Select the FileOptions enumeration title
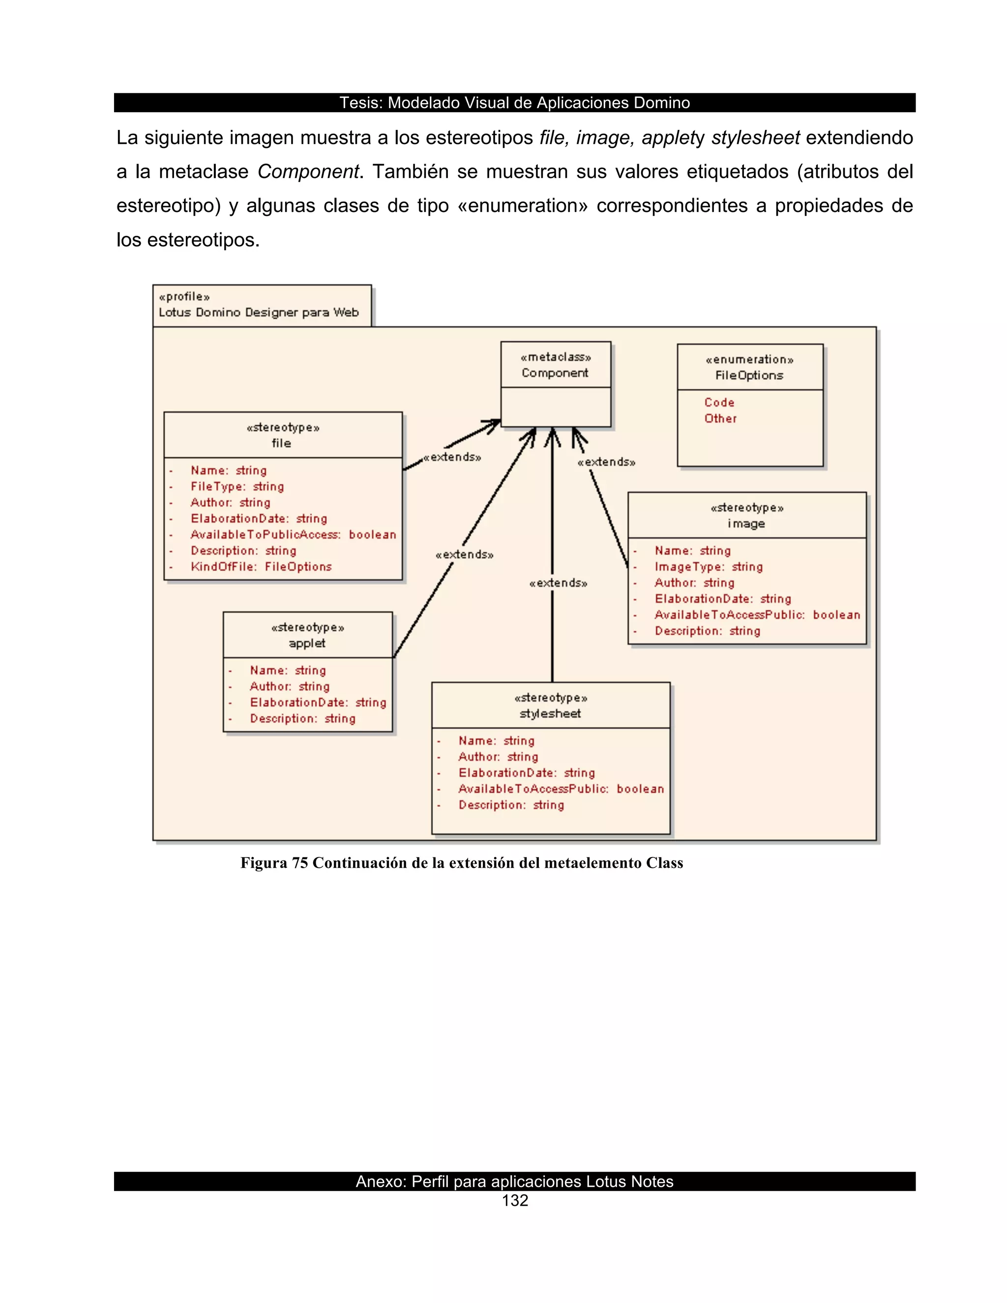749,376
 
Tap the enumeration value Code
719,403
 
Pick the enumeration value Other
720,419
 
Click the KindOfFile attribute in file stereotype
261,567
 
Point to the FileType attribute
237,487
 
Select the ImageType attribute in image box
708,567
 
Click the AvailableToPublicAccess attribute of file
293,534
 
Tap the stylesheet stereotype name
550,714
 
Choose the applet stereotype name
307,644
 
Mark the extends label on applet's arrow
465,555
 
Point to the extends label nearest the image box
606,462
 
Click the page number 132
515,1201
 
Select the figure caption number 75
299,863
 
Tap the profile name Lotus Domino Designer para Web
258,313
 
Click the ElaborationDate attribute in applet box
317,703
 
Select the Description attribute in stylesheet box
511,805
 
